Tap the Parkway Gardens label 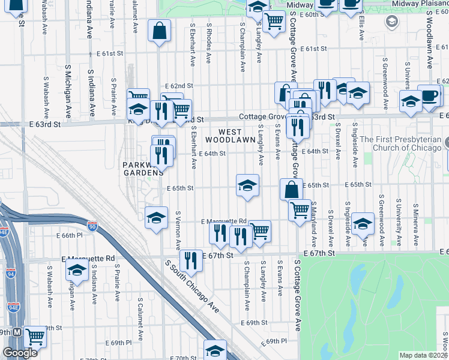143,169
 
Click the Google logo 20,353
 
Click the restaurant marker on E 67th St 191,260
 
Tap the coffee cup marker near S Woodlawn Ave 429,96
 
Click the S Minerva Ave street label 415,212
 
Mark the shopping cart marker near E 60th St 274,22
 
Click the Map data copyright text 423,355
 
